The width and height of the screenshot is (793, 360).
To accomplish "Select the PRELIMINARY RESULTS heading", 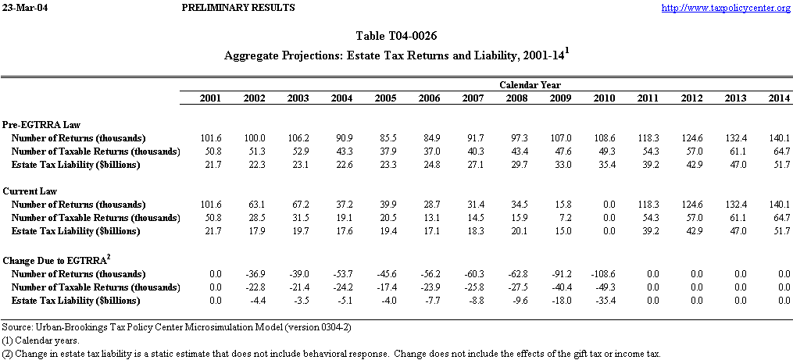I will click(238, 8).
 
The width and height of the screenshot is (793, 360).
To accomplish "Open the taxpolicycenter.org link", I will click(726, 8).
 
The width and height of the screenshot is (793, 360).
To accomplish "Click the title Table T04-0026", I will click(396, 36).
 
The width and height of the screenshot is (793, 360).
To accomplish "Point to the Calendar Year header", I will click(530, 84).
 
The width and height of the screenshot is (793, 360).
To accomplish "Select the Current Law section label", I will click(30, 191).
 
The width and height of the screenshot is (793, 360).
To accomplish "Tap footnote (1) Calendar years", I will click(41, 340).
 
